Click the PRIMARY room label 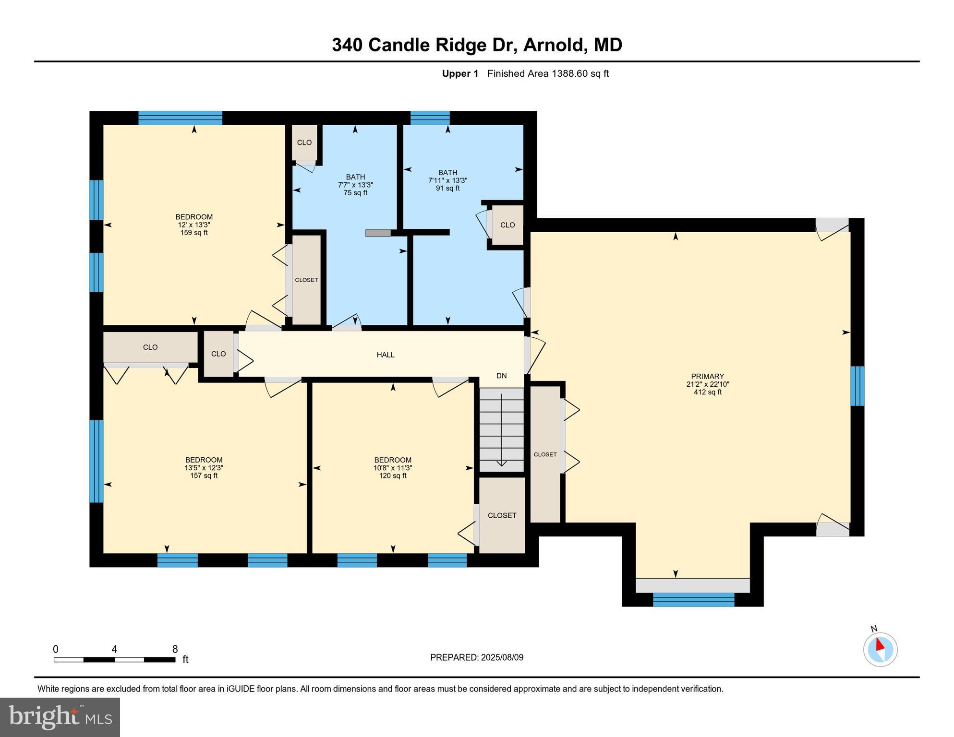[707, 376]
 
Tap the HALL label [386, 355]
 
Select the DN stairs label [501, 376]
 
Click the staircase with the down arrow [502, 429]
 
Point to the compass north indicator [880, 649]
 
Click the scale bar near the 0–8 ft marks [114, 660]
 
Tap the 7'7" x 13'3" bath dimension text [355, 185]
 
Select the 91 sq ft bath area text [447, 189]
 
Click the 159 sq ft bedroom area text [194, 233]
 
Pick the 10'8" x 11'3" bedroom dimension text [393, 468]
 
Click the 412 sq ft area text [707, 392]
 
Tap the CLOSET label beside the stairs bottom [502, 515]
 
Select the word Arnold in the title [552, 45]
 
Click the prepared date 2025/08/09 [502, 657]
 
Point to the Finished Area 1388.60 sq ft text [548, 74]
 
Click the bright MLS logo [60, 717]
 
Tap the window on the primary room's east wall [857, 386]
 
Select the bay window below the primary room [693, 599]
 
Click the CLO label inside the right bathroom [507, 225]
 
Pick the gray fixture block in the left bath [378, 233]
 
